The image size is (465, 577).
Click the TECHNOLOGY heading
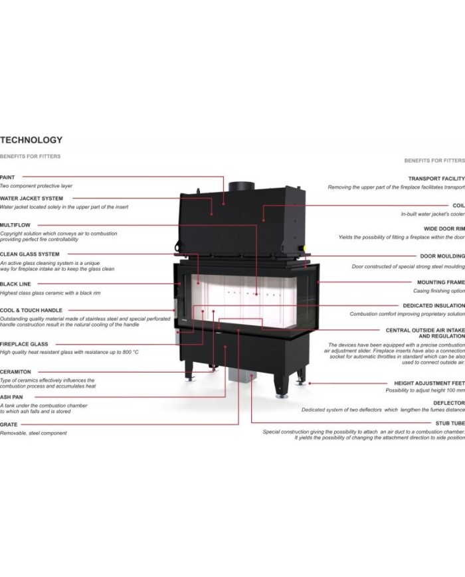click(x=31, y=140)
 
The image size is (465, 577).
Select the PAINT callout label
click(x=7, y=177)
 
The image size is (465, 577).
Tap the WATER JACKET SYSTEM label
click(x=31, y=199)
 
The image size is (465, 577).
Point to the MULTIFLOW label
click(x=15, y=225)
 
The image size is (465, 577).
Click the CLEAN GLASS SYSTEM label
click(x=29, y=254)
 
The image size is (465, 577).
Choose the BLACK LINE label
click(x=15, y=284)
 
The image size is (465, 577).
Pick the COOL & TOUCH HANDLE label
click(x=31, y=310)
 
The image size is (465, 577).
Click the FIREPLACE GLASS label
click(x=24, y=344)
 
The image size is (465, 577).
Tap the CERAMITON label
click(x=15, y=372)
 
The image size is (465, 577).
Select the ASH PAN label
click(x=11, y=397)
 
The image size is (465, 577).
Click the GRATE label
click(x=9, y=424)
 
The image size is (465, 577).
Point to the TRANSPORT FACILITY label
click(x=436, y=179)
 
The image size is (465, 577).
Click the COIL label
click(x=459, y=205)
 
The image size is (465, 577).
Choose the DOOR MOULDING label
click(x=442, y=256)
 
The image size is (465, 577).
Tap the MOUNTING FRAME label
click(x=441, y=282)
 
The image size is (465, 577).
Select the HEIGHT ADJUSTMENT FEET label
click(x=430, y=383)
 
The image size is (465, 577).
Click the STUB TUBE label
click(x=450, y=423)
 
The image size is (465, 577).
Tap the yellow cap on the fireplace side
click(x=305, y=248)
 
